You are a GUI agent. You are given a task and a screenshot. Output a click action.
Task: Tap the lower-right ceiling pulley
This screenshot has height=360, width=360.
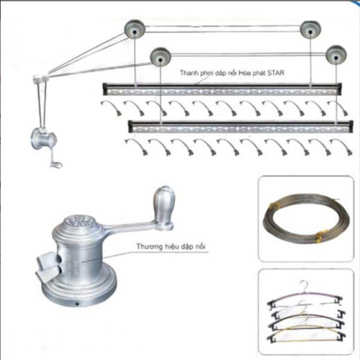[x=335, y=56]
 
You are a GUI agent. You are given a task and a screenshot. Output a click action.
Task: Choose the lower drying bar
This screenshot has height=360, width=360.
[x=242, y=127]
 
